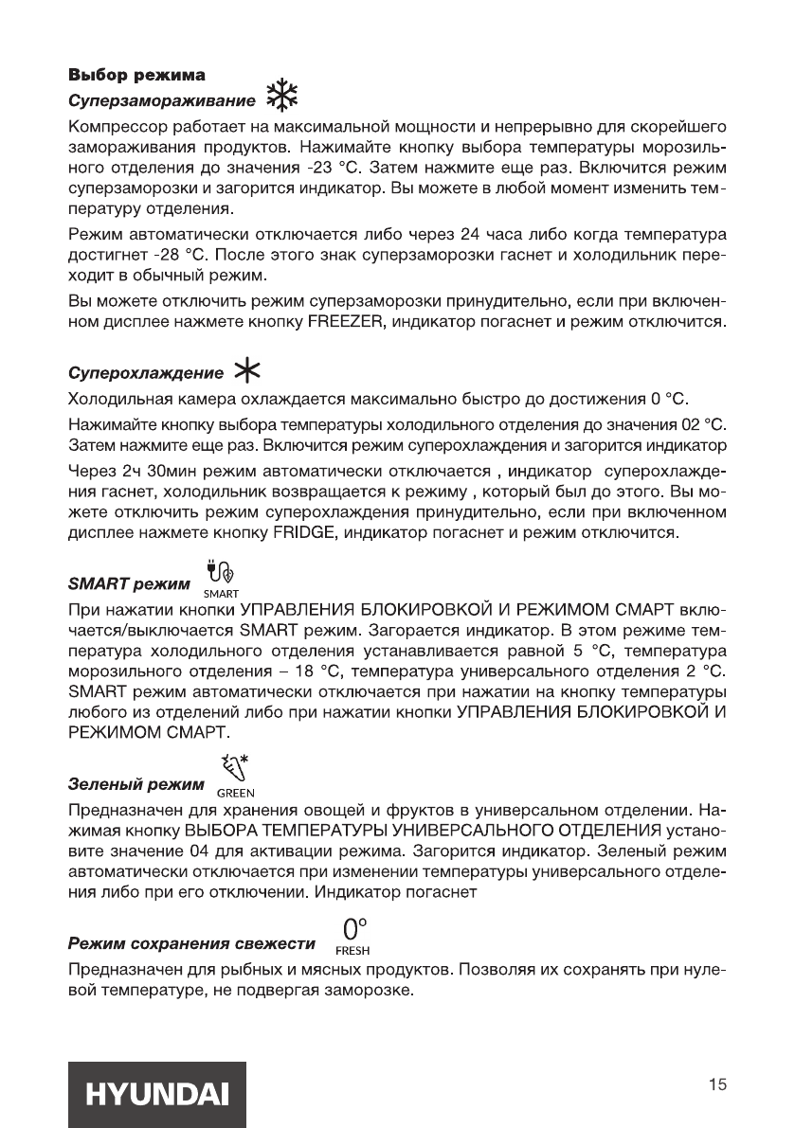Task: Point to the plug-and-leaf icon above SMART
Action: pos(215,571)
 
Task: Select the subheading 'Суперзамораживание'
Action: pos(160,99)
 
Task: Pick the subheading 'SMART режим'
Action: pos(125,582)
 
